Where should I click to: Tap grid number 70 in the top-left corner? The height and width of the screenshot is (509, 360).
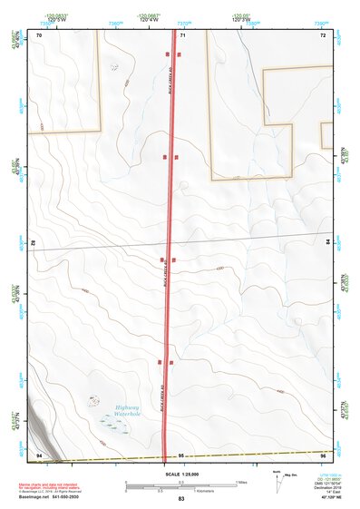tap(39, 34)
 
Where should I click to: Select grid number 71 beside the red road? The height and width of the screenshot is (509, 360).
tap(182, 34)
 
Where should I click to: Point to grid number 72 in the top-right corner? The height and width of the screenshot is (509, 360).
tap(322, 34)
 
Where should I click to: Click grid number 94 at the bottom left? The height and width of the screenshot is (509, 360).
tap(39, 454)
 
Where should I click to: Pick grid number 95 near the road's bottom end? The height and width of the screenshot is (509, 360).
tap(181, 454)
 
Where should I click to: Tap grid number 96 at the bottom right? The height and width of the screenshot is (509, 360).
tap(322, 454)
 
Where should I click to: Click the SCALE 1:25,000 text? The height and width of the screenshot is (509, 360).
tap(180, 474)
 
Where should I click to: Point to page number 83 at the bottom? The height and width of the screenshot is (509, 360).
tap(180, 499)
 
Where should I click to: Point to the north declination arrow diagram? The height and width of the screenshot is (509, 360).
tap(277, 477)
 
